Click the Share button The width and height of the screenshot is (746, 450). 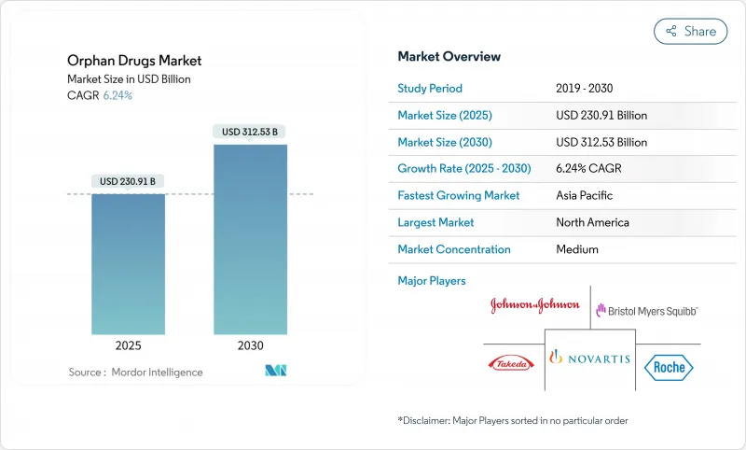[690, 31]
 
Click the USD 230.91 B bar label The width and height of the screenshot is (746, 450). [128, 181]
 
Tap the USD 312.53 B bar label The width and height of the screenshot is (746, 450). [250, 132]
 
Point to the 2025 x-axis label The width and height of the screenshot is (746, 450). [128, 345]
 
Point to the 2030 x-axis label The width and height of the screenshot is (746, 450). [250, 345]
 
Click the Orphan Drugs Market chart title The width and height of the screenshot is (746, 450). [134, 61]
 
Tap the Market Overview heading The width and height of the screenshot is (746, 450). [449, 57]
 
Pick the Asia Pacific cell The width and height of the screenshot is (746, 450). [586, 196]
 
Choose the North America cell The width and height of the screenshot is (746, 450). [592, 223]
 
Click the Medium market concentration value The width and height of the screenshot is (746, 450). [576, 249]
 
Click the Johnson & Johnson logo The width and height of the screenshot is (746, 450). [534, 305]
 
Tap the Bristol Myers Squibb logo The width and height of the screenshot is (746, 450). [646, 310]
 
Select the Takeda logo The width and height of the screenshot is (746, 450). [509, 363]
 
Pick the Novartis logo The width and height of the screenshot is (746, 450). [589, 358]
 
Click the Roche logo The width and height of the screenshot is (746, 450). [668, 366]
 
